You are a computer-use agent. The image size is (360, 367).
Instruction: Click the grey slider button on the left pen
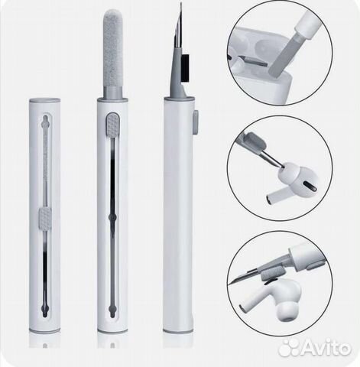click(45, 218)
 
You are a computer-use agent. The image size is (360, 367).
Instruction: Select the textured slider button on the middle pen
click(112, 125)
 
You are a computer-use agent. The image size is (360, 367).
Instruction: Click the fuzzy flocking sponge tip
click(113, 47)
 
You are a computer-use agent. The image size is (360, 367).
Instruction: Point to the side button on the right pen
click(196, 122)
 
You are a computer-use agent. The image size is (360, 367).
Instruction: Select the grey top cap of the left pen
click(45, 99)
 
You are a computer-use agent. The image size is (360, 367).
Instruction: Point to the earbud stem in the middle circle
click(278, 196)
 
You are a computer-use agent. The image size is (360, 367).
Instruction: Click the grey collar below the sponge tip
click(113, 91)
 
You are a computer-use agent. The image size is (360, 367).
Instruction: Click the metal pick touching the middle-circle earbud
click(271, 158)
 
